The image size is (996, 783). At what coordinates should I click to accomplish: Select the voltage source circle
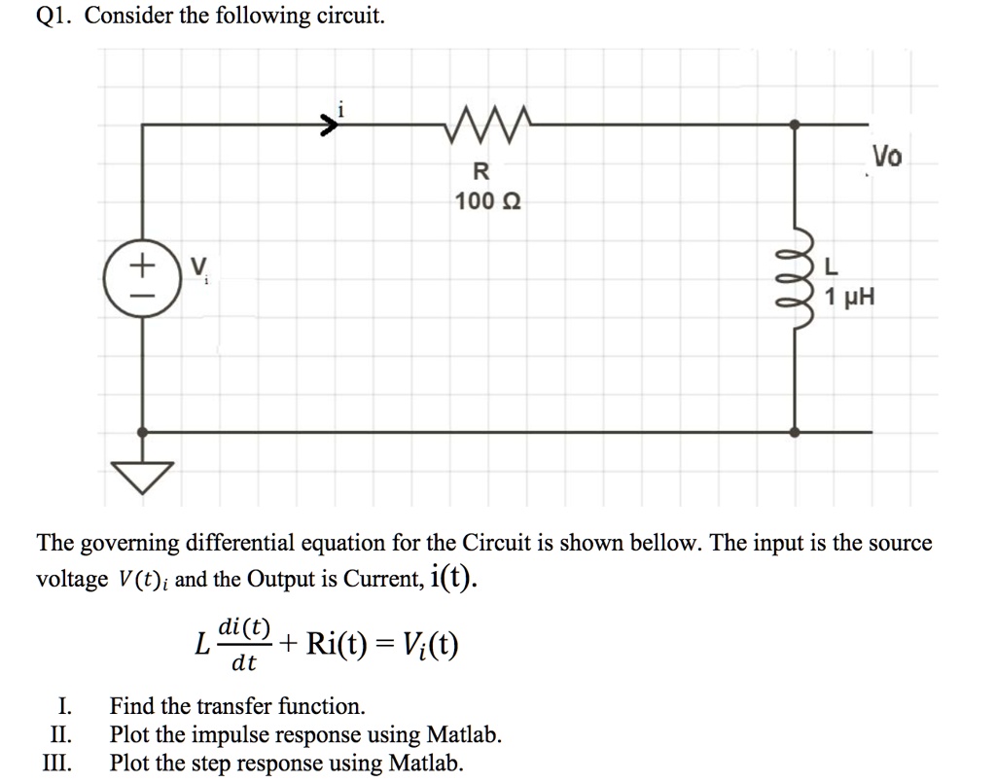click(x=142, y=276)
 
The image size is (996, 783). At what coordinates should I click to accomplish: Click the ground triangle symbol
click(x=143, y=477)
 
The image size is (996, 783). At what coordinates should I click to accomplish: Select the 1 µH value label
click(x=849, y=298)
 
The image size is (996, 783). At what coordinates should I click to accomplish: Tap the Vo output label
click(x=886, y=157)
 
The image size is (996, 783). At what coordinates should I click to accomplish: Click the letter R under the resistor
click(x=480, y=173)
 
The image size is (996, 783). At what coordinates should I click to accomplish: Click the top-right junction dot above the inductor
click(x=795, y=125)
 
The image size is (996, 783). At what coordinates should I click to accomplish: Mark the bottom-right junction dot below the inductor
click(x=795, y=431)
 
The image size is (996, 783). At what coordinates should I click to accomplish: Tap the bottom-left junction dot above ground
click(x=143, y=431)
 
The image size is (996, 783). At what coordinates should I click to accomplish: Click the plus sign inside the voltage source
click(x=142, y=263)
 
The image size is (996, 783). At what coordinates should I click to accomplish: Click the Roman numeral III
click(x=56, y=763)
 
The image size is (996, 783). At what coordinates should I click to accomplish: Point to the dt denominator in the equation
click(x=243, y=665)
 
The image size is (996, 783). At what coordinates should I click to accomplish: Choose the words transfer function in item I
click(x=281, y=706)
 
